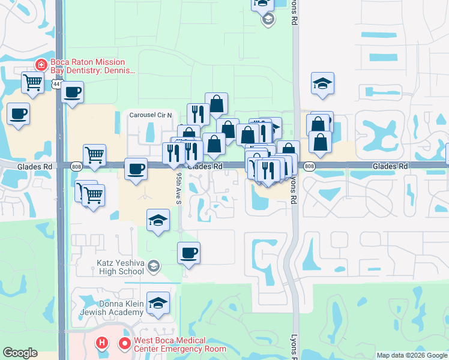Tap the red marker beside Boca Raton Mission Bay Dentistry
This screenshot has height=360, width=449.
pos(41,64)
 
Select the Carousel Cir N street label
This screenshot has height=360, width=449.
pos(152,115)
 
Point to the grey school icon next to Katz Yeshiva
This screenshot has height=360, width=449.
pos(154,265)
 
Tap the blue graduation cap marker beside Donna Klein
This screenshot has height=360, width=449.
pos(158,304)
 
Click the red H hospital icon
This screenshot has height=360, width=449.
pos(103,344)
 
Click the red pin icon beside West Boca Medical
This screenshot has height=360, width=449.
pos(125,344)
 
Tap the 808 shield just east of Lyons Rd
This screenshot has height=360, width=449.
pos(309,166)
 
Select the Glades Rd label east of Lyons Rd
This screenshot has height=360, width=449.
pos(390,166)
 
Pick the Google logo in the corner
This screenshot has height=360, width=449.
pos(20,353)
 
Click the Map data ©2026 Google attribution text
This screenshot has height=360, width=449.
pos(412,355)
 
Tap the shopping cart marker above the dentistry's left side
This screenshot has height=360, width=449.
pos(32,82)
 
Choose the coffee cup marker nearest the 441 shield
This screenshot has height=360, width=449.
pos(72,92)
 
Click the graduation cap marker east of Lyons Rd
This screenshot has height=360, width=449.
pos(322,84)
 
